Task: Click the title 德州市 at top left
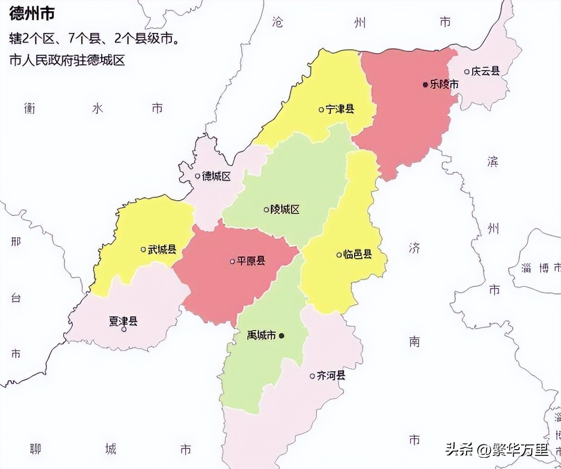[x=32, y=14]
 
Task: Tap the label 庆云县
[x=486, y=71]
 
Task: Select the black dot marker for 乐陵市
[x=425, y=84]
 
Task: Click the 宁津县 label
[x=340, y=109]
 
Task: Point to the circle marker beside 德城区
[x=197, y=176]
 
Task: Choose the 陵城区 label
[x=285, y=209]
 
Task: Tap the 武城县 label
[x=162, y=249]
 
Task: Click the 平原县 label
[x=251, y=261]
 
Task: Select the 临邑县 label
[x=357, y=255]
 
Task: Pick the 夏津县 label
[x=123, y=321]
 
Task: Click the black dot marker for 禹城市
[x=281, y=336]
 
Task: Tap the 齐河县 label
[x=331, y=376]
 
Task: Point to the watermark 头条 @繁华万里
[x=497, y=449]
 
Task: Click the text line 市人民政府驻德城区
[x=67, y=60]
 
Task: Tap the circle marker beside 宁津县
[x=321, y=109]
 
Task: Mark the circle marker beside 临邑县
[x=339, y=255]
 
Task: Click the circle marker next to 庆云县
[x=467, y=72]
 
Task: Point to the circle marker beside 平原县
[x=233, y=261]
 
